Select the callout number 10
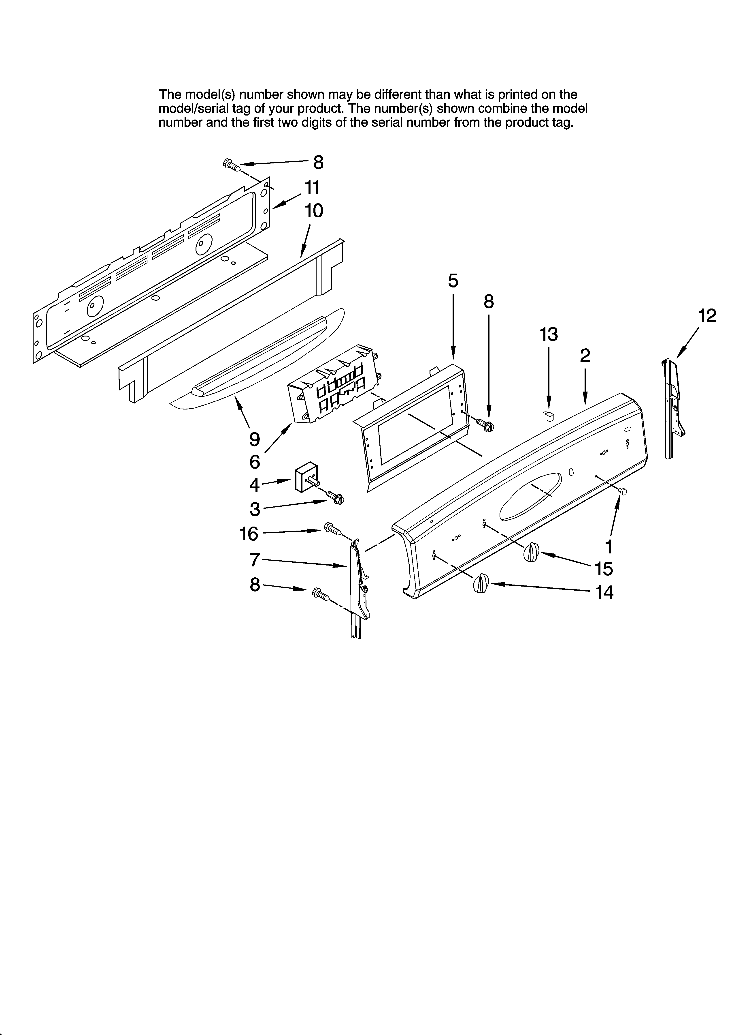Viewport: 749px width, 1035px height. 314,211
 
